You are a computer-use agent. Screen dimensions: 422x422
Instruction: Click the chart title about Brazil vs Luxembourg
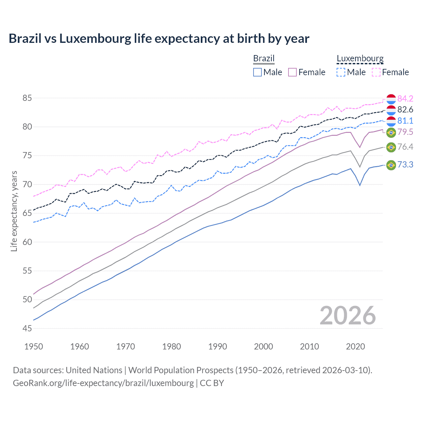pyautogui.click(x=159, y=39)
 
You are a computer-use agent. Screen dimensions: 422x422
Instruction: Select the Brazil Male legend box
pyautogui.click(x=257, y=72)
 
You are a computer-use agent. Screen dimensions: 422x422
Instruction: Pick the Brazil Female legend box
pyautogui.click(x=292, y=72)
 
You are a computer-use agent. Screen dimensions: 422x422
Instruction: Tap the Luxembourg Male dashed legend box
pyautogui.click(x=341, y=72)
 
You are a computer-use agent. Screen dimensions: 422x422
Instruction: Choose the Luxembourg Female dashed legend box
pyautogui.click(x=376, y=72)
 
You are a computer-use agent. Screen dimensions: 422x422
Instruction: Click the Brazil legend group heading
pyautogui.click(x=264, y=58)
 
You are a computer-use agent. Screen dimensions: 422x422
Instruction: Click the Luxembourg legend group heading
pyautogui.click(x=360, y=58)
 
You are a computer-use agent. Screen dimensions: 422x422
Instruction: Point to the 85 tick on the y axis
pyautogui.click(x=27, y=98)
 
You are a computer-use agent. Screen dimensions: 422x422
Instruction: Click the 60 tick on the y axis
pyautogui.click(x=27, y=242)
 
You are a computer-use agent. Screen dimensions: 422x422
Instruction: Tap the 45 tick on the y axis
pyautogui.click(x=27, y=328)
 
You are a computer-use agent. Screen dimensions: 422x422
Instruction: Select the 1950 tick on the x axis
pyautogui.click(x=34, y=347)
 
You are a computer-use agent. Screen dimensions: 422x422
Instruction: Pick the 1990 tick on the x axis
pyautogui.click(x=218, y=347)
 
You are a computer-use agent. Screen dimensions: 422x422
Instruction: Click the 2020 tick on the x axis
pyautogui.click(x=355, y=347)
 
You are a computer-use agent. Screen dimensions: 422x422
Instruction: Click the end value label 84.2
pyautogui.click(x=405, y=99)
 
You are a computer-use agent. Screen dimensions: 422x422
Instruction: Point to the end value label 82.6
pyautogui.click(x=405, y=110)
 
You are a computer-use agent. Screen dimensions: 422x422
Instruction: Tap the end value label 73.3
pyautogui.click(x=405, y=165)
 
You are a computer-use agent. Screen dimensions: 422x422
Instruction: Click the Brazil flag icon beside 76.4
pyautogui.click(x=391, y=147)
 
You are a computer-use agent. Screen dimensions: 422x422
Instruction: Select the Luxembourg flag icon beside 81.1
pyautogui.click(x=391, y=121)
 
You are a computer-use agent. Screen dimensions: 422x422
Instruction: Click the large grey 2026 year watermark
pyautogui.click(x=348, y=316)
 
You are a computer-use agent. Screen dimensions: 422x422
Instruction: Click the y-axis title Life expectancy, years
pyautogui.click(x=14, y=211)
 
